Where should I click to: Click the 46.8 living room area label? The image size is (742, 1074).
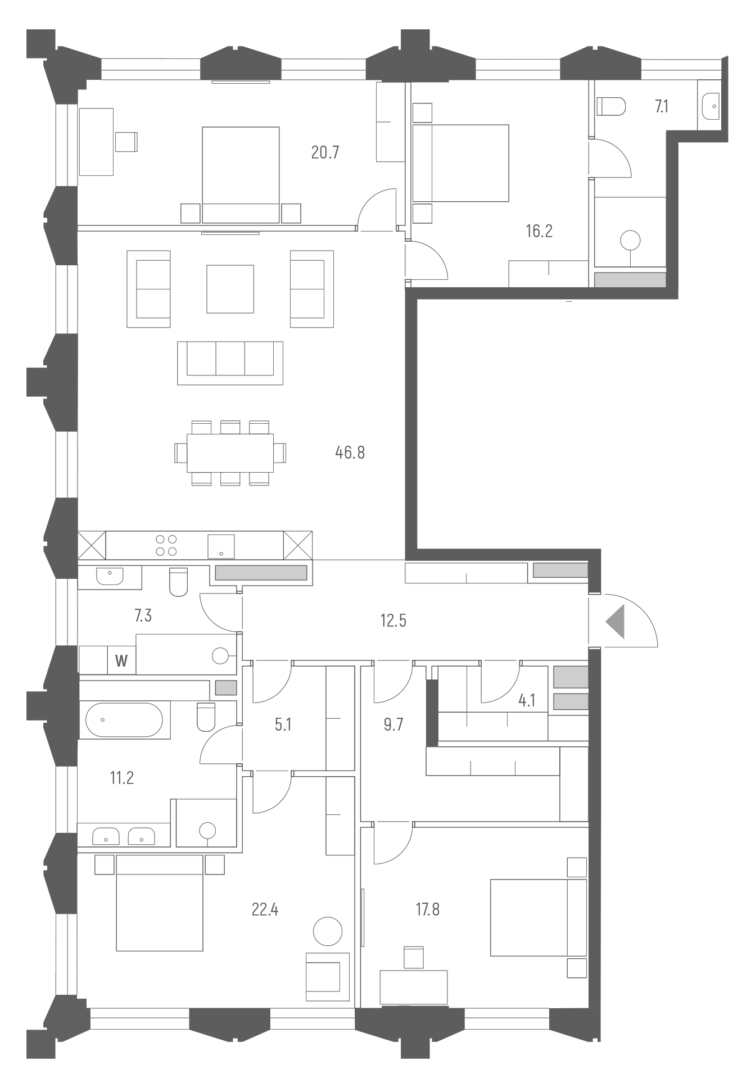pos(350,452)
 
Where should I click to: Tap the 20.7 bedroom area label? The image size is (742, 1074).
pos(325,152)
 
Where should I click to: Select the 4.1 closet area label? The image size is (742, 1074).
pos(527,700)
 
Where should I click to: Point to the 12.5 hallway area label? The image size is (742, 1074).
pos(393,620)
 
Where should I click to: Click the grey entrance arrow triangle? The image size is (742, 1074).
pos(616,622)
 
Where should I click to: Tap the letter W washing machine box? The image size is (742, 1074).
pos(121,660)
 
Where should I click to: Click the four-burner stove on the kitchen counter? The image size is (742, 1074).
pos(166,544)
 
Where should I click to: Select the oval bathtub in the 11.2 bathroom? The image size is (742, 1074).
pos(124,720)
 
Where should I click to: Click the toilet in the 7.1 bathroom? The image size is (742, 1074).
pos(611,106)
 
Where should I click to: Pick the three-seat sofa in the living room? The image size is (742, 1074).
pos(230,362)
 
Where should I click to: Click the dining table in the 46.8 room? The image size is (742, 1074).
pos(230,452)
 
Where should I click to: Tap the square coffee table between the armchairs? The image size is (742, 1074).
pos(230,289)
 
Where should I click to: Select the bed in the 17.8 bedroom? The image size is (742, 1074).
pos(538,917)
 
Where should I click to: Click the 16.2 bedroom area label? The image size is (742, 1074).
pos(539,231)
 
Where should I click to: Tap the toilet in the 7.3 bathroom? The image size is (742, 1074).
pos(178,582)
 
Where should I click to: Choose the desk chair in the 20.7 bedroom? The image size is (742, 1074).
pos(126,141)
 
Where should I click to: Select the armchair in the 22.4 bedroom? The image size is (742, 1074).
pos(327,976)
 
